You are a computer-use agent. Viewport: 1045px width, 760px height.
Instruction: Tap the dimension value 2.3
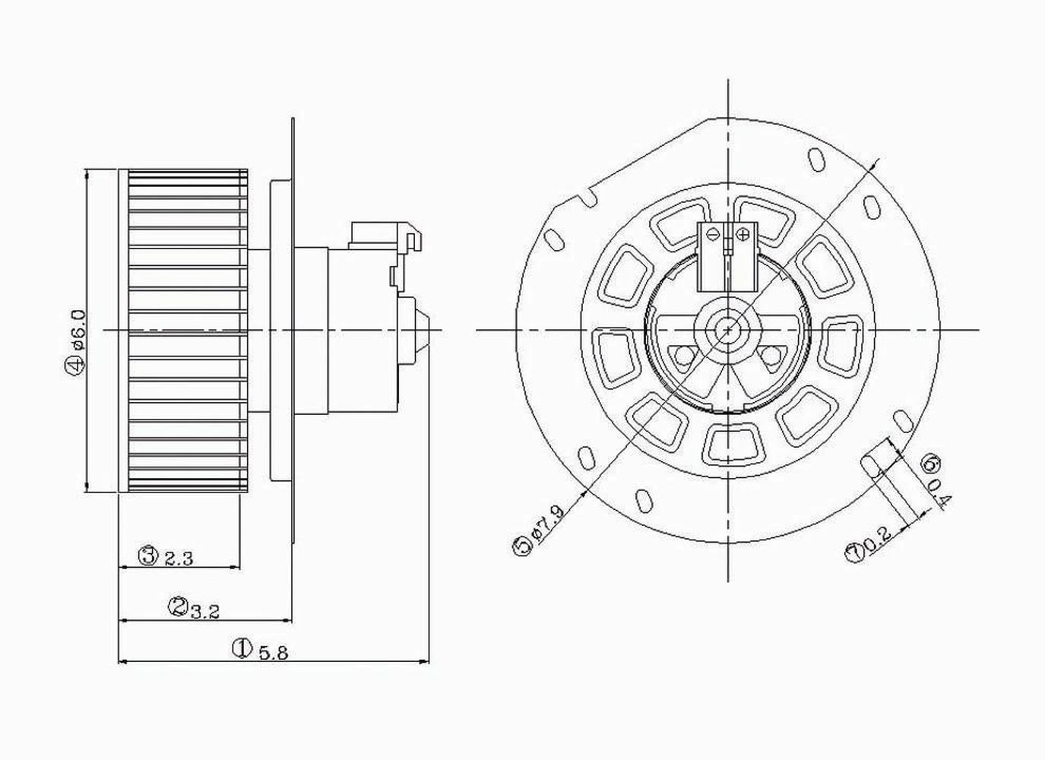pos(178,559)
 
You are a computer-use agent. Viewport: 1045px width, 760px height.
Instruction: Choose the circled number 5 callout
pos(522,545)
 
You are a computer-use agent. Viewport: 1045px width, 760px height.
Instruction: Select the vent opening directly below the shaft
pos(727,444)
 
